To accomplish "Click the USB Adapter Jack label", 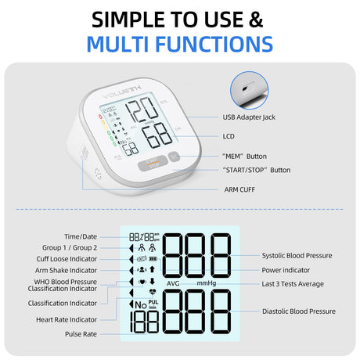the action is pos(249,117).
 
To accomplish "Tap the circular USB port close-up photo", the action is pos(250,90).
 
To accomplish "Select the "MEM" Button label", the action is pos(244,157).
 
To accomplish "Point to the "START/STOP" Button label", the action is pos(257,170).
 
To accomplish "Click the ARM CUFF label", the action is pos(239,189).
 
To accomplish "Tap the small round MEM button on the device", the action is pos(174,157).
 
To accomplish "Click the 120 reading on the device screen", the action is pos(142,109).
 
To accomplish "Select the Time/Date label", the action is pos(81,236).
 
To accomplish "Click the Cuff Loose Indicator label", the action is pos(67,259).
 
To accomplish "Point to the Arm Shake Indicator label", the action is pos(66,271).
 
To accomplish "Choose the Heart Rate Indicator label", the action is pos(67,319).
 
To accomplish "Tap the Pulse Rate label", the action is pos(81,334).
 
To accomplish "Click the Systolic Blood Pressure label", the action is pos(297,255).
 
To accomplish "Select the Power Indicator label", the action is pos(286,270).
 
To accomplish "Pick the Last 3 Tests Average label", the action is pos(293,284).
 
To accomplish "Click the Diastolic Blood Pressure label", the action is pos(299,311).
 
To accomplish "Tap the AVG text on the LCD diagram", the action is pos(173,283).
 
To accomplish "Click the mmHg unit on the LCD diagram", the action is pos(207,283).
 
